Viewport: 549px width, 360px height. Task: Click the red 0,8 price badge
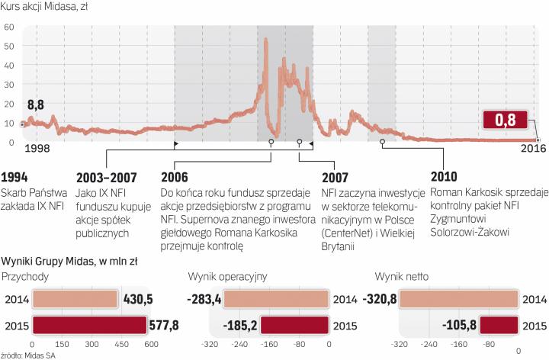[x=505, y=120]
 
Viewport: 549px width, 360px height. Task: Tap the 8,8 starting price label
[x=36, y=104]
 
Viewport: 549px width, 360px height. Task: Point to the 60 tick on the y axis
[x=9, y=27]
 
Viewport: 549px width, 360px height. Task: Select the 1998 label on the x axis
[x=37, y=149]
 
